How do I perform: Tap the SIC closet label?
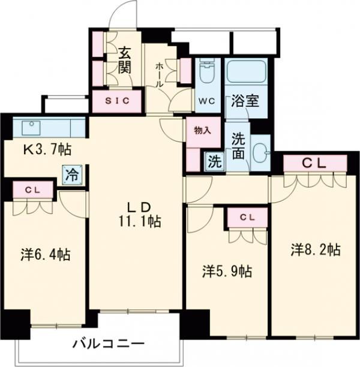118,101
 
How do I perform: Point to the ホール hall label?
160,75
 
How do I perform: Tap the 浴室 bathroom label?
246,101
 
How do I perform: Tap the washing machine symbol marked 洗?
213,161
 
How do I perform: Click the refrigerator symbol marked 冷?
71,175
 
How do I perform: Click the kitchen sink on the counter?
31,127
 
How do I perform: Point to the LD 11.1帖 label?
139,213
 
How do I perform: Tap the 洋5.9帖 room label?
226,271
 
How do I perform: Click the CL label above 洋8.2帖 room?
316,162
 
